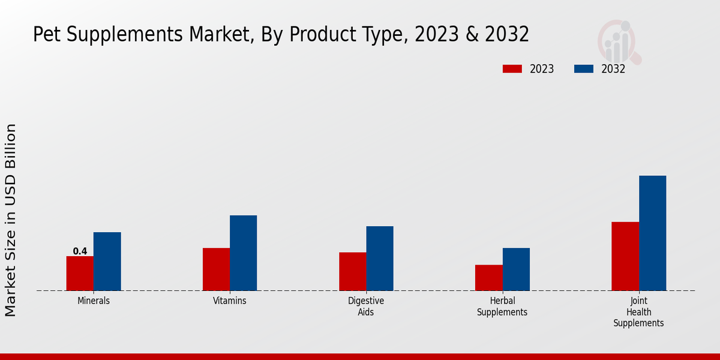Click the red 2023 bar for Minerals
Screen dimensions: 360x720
(80, 274)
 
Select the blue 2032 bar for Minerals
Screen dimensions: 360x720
(107, 262)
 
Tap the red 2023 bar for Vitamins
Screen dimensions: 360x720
(216, 269)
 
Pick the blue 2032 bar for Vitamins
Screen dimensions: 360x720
(243, 253)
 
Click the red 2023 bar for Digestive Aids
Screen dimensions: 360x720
(352, 271)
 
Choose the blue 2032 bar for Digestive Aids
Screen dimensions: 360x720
(380, 259)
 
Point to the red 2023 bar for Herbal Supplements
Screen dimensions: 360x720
(488, 278)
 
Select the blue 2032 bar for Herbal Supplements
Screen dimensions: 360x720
(516, 269)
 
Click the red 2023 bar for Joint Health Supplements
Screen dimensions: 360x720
(625, 256)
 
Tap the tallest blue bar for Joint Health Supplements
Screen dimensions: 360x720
(652, 233)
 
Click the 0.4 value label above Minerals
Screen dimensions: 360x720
(80, 251)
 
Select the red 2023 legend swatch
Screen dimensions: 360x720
(512, 69)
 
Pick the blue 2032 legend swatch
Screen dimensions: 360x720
(584, 69)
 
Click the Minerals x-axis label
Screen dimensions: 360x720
(94, 301)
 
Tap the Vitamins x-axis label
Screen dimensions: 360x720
(230, 301)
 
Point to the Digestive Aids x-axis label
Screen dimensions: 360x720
(366, 306)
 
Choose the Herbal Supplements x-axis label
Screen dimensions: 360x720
(502, 306)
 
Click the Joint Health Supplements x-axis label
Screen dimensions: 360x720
(638, 311)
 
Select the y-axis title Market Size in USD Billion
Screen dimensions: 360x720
(11, 220)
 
